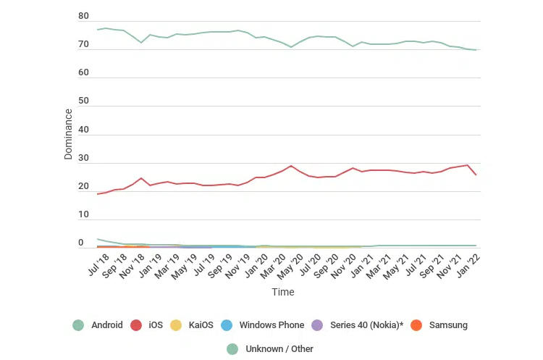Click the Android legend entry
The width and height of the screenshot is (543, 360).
pyautogui.click(x=98, y=325)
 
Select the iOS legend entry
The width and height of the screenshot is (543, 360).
pyautogui.click(x=147, y=325)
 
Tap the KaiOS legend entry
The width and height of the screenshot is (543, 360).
pyautogui.click(x=192, y=325)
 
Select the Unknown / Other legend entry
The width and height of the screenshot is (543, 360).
pyautogui.click(x=271, y=349)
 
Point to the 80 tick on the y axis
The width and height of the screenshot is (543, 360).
pyautogui.click(x=83, y=16)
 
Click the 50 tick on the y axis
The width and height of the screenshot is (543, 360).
pyautogui.click(x=83, y=101)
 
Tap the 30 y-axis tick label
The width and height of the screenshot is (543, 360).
pyautogui.click(x=83, y=158)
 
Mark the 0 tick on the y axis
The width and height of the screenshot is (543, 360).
pyautogui.click(x=81, y=243)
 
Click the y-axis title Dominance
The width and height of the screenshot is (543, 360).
pyautogui.click(x=68, y=134)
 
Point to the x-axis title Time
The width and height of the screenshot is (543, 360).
pyautogui.click(x=283, y=292)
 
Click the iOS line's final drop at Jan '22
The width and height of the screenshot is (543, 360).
pyautogui.click(x=476, y=175)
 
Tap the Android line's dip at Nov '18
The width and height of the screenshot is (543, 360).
pyautogui.click(x=141, y=43)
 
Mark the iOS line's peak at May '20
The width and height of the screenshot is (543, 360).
pyautogui.click(x=291, y=166)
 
